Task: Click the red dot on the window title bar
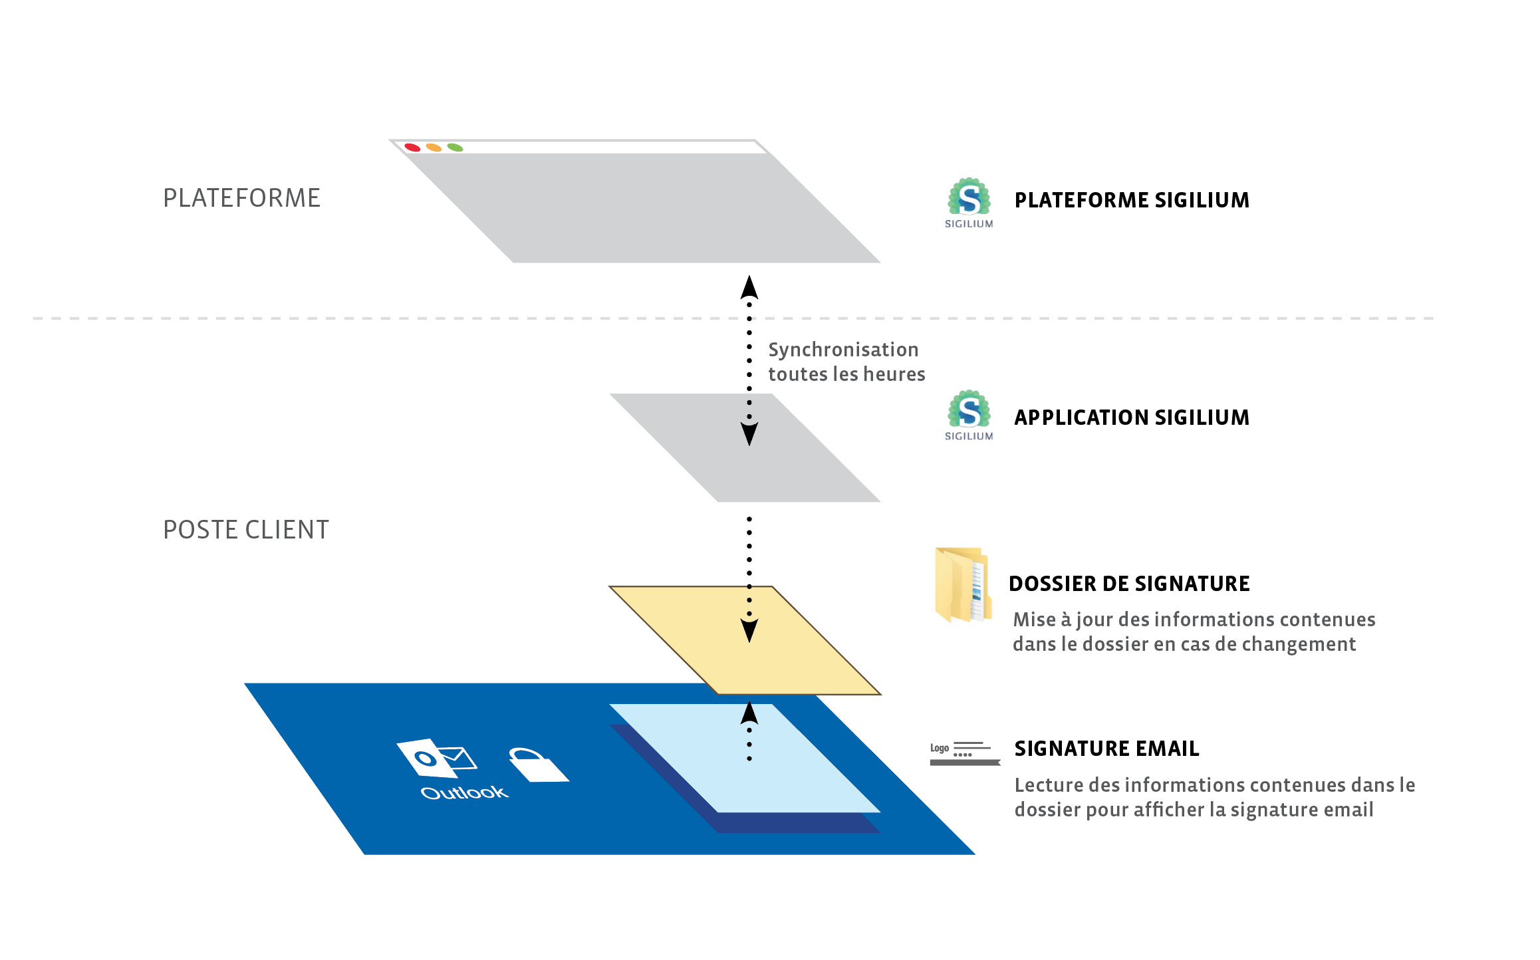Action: pos(412,147)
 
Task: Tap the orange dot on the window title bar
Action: pos(434,147)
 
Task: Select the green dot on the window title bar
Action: pos(455,147)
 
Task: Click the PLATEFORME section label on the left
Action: pos(241,198)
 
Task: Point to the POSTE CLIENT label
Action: pos(246,530)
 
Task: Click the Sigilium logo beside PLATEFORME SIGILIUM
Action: pos(969,202)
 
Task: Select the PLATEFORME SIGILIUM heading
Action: pos(1132,200)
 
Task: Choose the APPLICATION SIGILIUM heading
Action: pos(1132,418)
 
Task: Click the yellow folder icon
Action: pos(962,584)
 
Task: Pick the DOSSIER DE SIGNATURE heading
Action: pos(1129,584)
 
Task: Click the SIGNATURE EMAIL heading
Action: pos(1106,749)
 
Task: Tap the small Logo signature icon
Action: pos(965,753)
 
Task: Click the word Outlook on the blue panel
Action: pos(464,792)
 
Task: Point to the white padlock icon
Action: pos(537,765)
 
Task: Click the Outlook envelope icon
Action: pos(436,758)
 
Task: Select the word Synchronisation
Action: pos(843,350)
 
